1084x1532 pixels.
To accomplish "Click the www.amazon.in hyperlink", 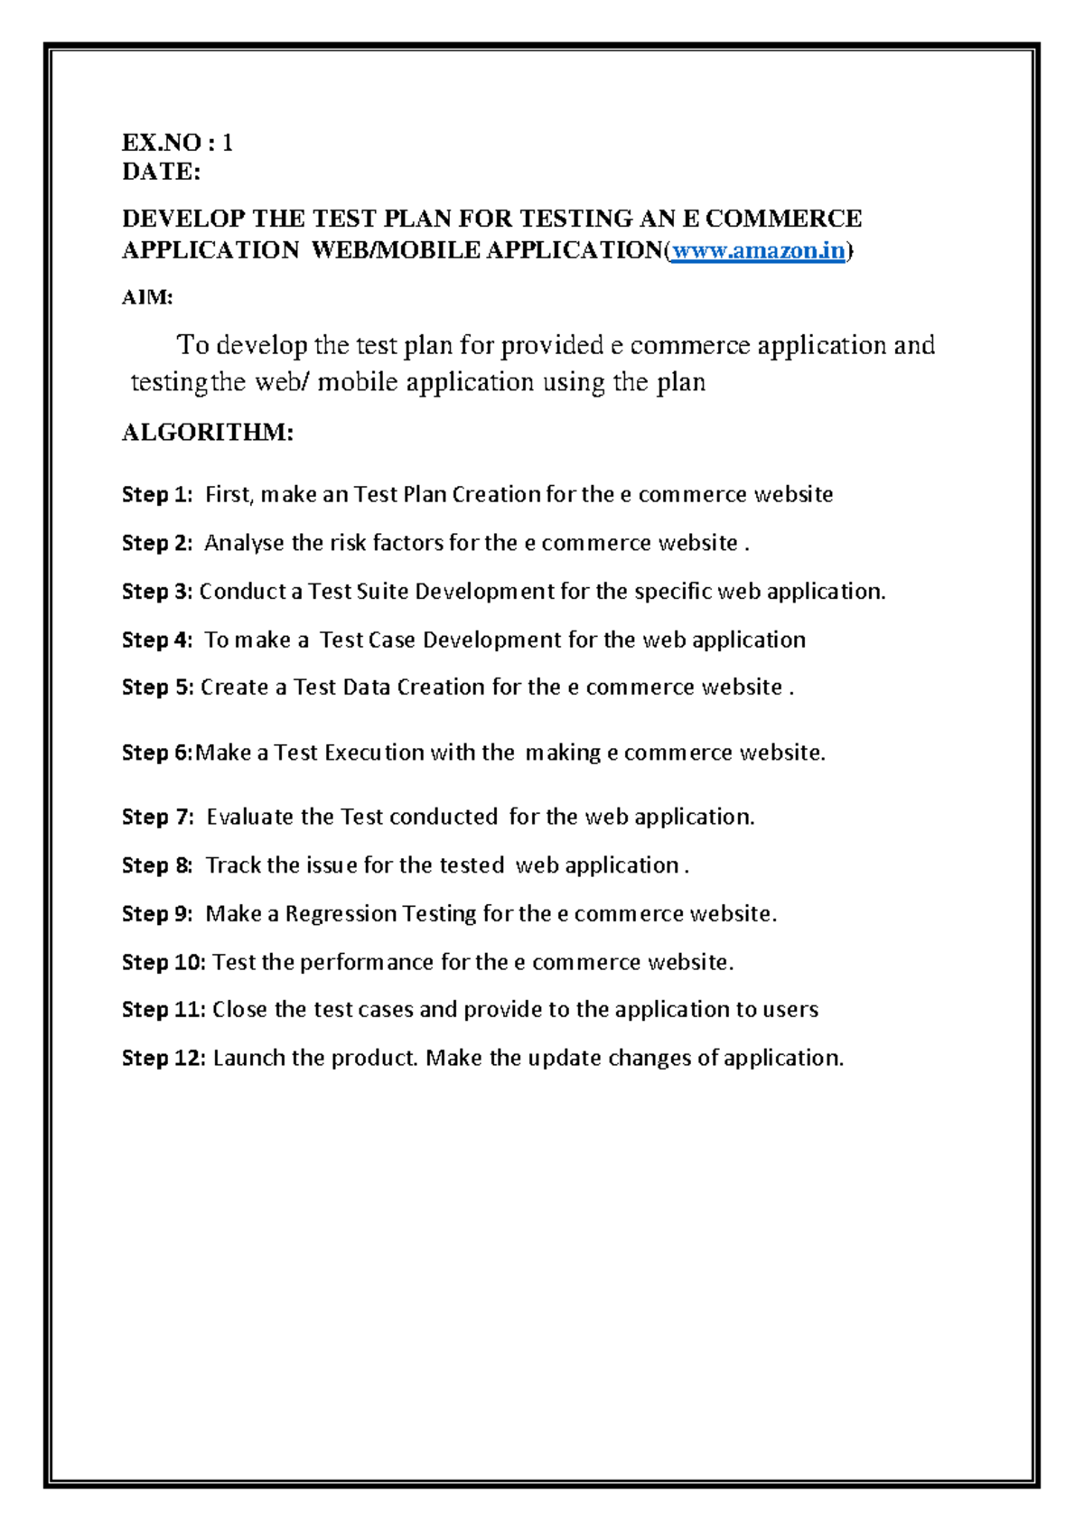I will tap(759, 251).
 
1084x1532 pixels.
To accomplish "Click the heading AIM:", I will tap(147, 297).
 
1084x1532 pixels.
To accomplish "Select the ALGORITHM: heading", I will tap(208, 433).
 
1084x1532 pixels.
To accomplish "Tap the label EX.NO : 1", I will tap(178, 143).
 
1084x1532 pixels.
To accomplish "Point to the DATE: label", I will tap(162, 172).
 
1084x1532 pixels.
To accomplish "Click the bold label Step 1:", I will tap(157, 495).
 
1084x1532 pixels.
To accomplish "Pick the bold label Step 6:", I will tap(157, 753).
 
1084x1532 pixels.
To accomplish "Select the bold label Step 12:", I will tap(164, 1059).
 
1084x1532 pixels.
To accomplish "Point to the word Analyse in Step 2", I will tap(244, 544).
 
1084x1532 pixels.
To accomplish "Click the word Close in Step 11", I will tap(239, 1010).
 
